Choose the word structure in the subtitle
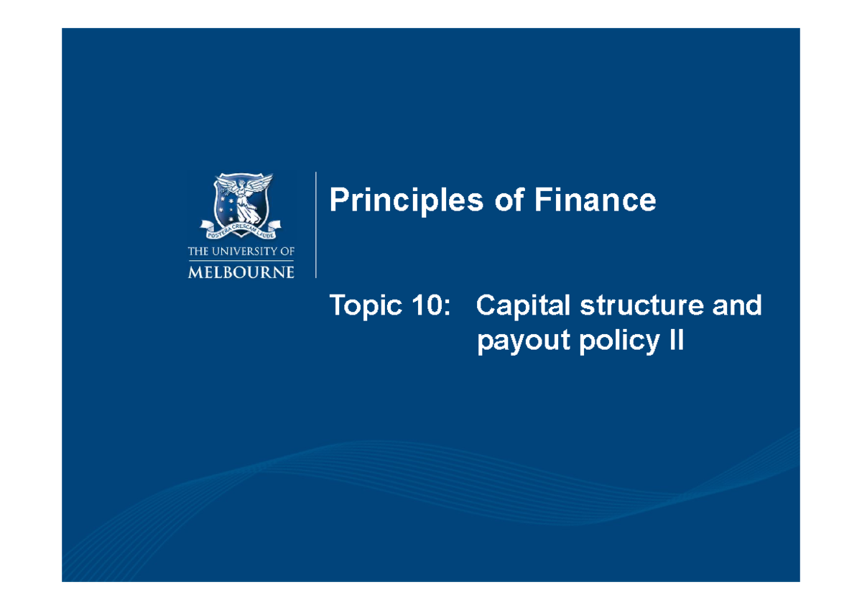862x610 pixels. pos(630,306)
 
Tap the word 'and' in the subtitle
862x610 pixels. pos(736,306)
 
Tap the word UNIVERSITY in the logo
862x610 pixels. pos(243,251)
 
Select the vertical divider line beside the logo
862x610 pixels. pos(316,225)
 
